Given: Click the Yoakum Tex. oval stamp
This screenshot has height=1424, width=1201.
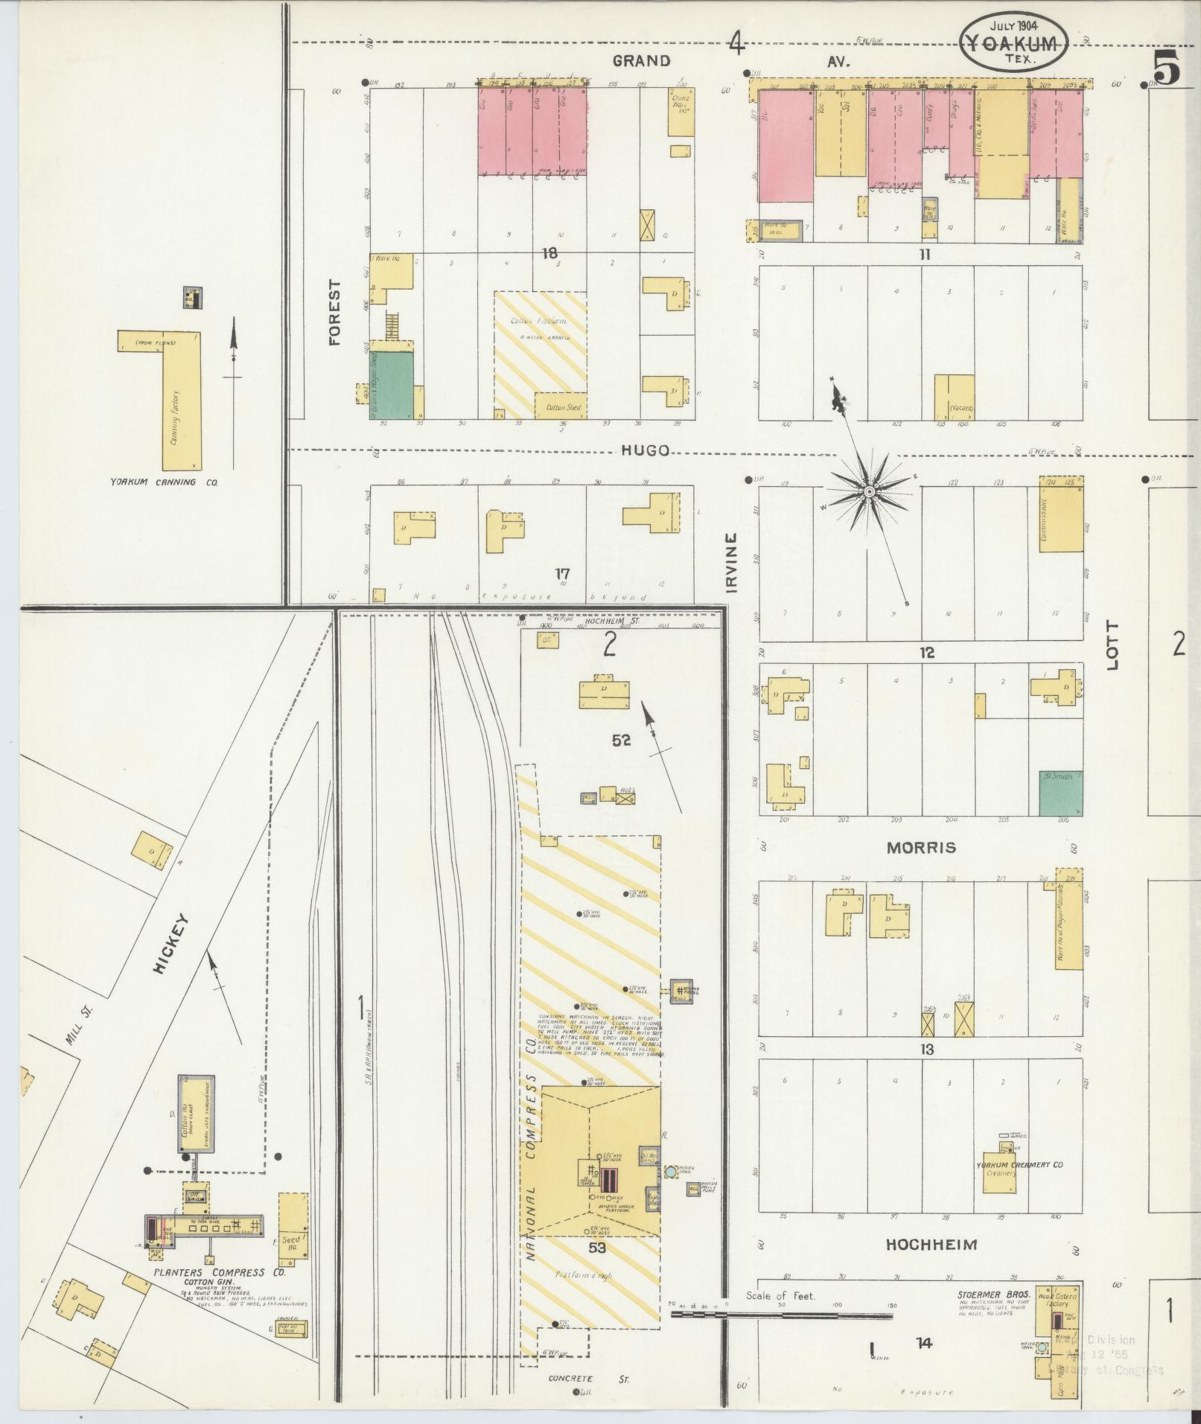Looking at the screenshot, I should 1013,43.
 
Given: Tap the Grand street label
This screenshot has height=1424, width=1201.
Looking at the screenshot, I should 641,61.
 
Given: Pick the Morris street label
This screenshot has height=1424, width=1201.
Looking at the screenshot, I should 921,848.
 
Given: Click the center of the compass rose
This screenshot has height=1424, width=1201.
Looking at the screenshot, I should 869,493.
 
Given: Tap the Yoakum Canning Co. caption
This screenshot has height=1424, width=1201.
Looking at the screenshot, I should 164,482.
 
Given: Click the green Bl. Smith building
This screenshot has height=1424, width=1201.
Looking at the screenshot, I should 1061,793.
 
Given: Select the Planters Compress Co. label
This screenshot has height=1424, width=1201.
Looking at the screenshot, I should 220,1272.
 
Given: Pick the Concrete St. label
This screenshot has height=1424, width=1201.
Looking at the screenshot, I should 588,1379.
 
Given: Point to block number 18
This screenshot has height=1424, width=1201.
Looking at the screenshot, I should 549,254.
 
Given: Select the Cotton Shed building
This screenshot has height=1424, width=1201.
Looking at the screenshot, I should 560,407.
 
